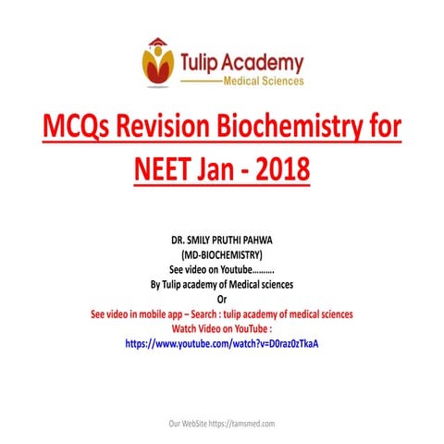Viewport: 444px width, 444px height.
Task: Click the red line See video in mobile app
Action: [x=222, y=314]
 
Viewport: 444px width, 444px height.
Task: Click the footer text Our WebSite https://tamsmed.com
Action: [x=222, y=423]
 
